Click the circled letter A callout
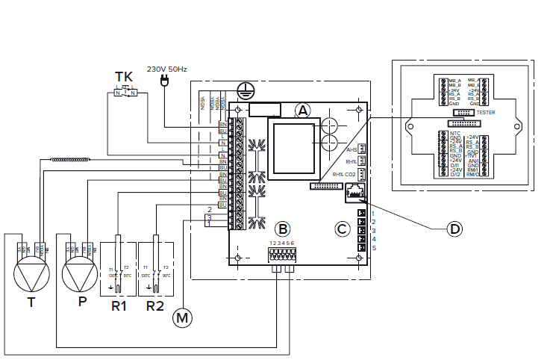(x=302, y=110)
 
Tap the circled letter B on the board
(x=282, y=229)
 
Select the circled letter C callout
(x=342, y=229)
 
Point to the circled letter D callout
(x=453, y=229)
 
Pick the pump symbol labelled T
(x=31, y=276)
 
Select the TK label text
(x=125, y=77)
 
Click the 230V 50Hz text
(x=166, y=69)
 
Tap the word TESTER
(x=485, y=113)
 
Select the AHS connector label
(x=352, y=149)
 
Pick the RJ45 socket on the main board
(x=355, y=194)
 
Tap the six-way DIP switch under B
(x=281, y=255)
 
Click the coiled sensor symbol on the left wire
(x=71, y=158)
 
